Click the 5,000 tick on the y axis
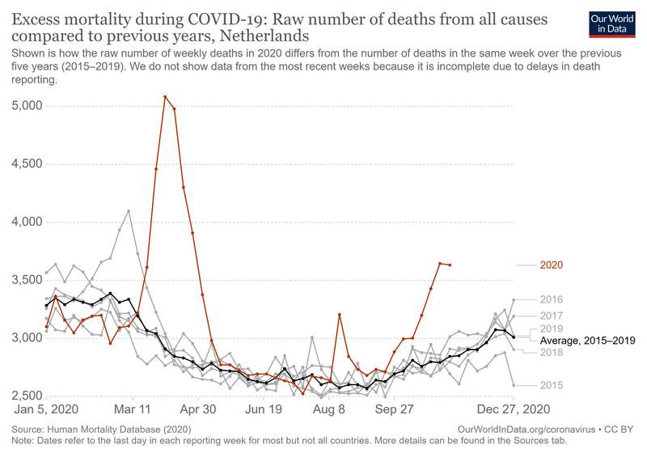coord(27,106)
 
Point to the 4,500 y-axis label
coord(27,164)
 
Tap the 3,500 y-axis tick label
coord(27,280)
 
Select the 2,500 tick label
coord(27,396)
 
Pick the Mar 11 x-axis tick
coord(133,410)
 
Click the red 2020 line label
coord(552,264)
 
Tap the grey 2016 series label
coord(552,299)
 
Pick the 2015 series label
coord(552,385)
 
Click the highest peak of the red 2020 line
coord(165,97)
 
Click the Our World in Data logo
coord(612,23)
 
